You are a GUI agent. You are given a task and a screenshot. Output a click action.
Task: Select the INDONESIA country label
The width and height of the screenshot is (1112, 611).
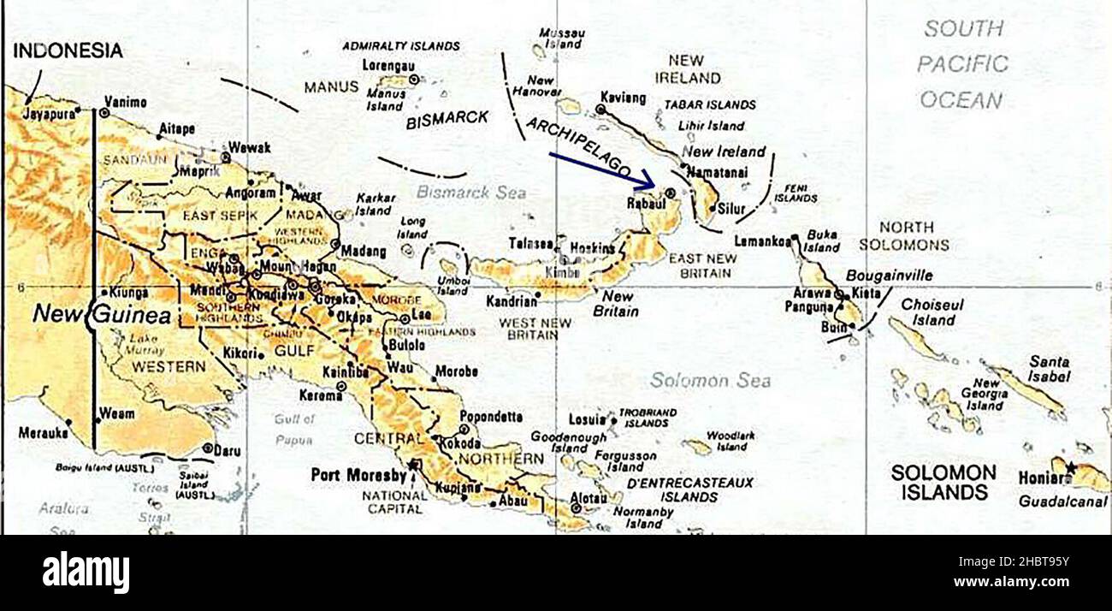[68, 51]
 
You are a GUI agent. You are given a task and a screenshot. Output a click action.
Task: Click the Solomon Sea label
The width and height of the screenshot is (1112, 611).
[710, 381]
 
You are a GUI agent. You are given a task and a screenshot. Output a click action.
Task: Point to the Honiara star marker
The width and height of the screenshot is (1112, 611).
[1069, 466]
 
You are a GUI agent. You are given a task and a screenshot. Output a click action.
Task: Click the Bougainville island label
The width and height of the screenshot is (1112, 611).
[889, 276]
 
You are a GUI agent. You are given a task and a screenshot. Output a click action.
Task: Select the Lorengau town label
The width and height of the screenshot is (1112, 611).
[388, 64]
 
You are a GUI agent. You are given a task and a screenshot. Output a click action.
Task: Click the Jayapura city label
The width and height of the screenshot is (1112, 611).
[50, 113]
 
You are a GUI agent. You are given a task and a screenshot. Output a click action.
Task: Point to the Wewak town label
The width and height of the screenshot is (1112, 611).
[249, 147]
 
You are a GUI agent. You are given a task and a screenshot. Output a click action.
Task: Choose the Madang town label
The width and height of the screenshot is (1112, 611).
[363, 252]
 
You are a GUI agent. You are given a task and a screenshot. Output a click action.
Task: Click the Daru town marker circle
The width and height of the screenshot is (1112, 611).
[208, 448]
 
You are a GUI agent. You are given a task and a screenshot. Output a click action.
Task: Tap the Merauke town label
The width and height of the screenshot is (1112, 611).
[42, 433]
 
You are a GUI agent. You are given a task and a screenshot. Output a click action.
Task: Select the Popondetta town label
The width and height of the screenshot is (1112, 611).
[491, 417]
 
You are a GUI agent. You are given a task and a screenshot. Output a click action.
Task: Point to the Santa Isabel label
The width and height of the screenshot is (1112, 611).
[1049, 369]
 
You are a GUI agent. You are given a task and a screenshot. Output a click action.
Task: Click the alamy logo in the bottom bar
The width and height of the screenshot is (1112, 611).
[86, 572]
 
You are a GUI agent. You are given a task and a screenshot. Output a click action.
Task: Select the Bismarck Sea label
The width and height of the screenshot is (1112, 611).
[471, 193]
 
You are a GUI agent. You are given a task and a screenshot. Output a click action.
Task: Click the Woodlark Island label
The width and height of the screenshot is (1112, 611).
[730, 441]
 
